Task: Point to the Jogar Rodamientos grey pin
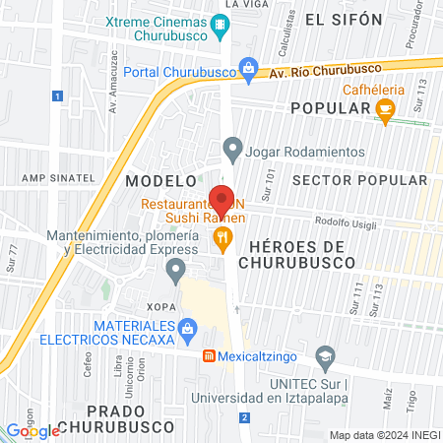[232, 151]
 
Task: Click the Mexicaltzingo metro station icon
[209, 355]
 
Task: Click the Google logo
[32, 430]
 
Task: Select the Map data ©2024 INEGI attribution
[384, 435]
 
